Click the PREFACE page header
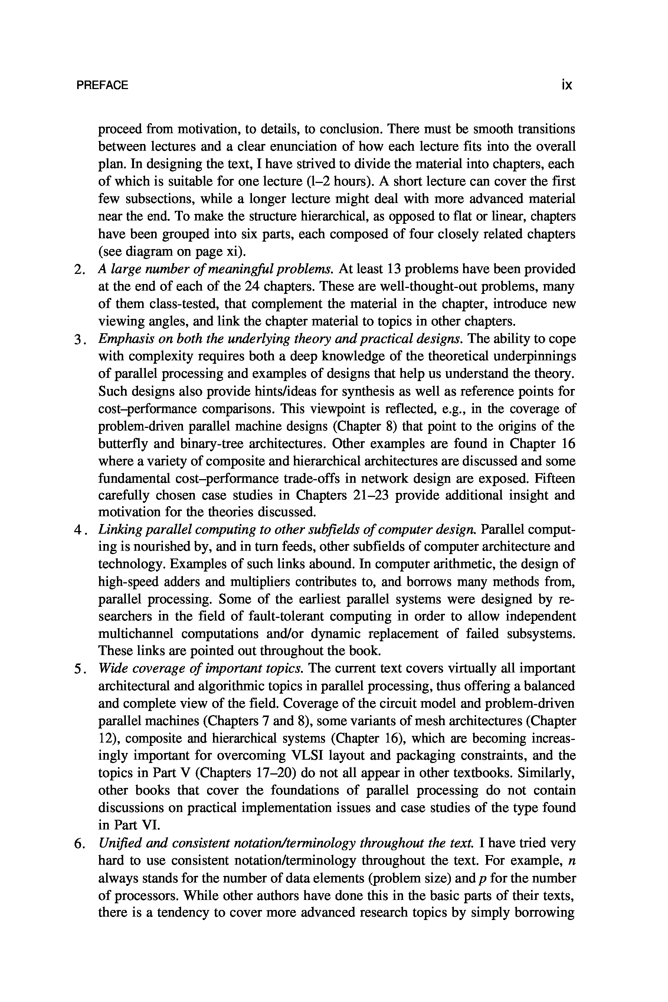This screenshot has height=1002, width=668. tap(102, 85)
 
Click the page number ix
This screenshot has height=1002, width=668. tap(566, 85)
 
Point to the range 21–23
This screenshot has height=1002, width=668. tap(371, 495)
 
